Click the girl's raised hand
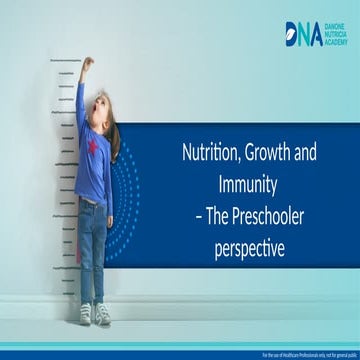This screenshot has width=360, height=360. click(x=87, y=64)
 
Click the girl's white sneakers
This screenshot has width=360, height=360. click(x=93, y=313)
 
